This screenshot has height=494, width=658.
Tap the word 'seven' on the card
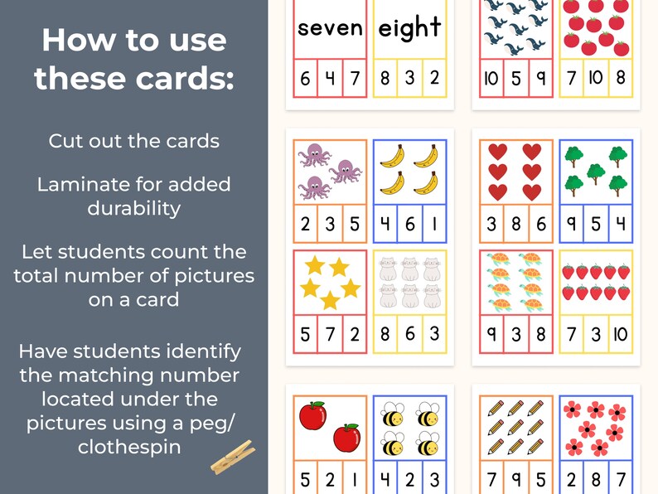click(330, 28)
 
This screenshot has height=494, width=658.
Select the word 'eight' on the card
click(409, 28)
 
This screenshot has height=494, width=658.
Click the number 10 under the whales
click(491, 80)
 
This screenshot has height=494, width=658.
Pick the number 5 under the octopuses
click(355, 223)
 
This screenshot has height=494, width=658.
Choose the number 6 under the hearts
click(540, 223)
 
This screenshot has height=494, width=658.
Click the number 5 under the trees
click(597, 223)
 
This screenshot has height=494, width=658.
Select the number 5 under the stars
click(305, 335)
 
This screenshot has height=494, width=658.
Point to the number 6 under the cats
click(409, 335)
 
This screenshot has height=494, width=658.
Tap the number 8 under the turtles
click(540, 335)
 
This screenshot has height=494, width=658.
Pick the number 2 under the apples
click(330, 480)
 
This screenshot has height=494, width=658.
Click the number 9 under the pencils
click(515, 480)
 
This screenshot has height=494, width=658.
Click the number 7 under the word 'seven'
click(355, 80)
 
